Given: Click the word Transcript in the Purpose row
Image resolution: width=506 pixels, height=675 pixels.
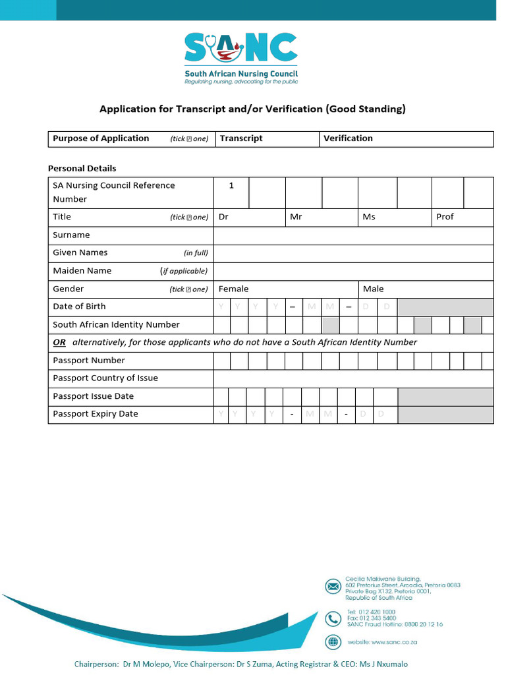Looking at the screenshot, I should coord(241,138).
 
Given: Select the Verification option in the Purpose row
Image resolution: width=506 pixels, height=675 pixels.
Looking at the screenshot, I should coord(348,138).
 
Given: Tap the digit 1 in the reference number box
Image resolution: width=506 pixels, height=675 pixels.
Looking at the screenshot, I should coord(231,186).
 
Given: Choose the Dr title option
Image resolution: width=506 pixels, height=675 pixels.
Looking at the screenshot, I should coord(224,217).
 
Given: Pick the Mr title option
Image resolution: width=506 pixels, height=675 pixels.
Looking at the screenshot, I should coord(296,217).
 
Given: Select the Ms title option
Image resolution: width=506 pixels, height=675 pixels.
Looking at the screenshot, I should coord(369,217).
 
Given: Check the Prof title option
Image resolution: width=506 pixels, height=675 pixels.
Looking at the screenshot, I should coord(445,217).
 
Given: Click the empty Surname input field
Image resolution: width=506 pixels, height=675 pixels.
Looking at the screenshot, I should coord(353,235).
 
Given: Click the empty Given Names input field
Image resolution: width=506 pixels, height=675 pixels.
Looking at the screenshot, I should coord(353,253).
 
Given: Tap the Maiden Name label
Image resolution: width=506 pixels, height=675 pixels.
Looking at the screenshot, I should coord(82,271).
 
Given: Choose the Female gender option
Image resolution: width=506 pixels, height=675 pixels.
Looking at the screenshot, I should coord(234,289).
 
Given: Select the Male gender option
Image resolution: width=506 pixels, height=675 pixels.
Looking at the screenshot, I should coord(373,289).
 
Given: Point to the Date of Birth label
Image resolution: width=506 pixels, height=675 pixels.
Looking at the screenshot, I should coord(79,307).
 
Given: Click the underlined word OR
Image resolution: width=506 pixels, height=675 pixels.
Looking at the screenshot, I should coord(59,342).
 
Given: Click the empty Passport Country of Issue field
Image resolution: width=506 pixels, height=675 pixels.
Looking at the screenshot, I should coord(353,378).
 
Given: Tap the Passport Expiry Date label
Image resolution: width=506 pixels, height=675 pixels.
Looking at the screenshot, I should coord(96,414).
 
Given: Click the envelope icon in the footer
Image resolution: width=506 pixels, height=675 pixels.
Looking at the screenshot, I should coord(333,585).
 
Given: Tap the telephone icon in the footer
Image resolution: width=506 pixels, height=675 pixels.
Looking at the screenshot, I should coord(333,618).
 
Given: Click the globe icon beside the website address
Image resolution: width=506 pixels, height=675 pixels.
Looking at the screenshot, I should coord(333,641).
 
